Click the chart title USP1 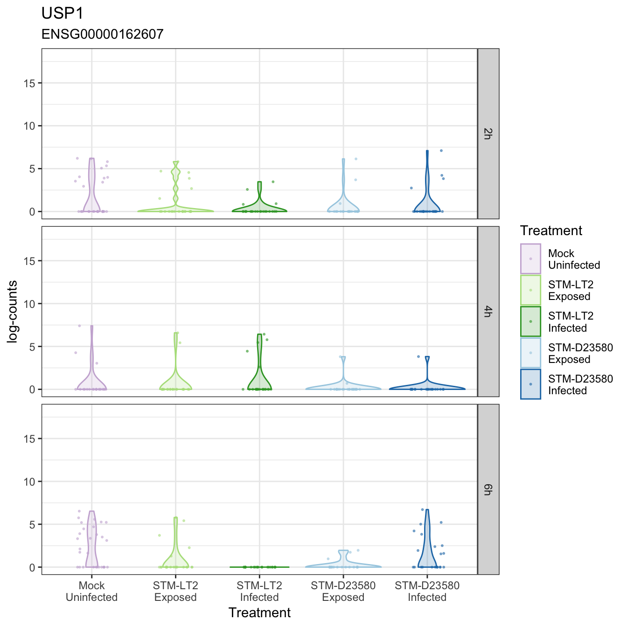[63, 14]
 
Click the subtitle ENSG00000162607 [103, 34]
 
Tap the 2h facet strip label [488, 134]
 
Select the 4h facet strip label [488, 311]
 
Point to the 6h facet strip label [488, 489]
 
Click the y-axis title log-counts [12, 311]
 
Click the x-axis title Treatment [259, 613]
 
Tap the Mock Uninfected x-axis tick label [92, 591]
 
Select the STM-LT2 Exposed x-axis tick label [175, 591]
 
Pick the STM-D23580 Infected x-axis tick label [427, 591]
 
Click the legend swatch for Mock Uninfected [530, 258]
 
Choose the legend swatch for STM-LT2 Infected [530, 321]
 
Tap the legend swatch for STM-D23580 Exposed [530, 353]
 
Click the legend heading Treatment [551, 230]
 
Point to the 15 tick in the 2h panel [29, 84]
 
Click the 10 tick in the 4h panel [29, 304]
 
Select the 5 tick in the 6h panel [32, 524]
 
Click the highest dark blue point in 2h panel [441, 151]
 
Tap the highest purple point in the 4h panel [79, 326]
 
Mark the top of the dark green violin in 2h [259, 182]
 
